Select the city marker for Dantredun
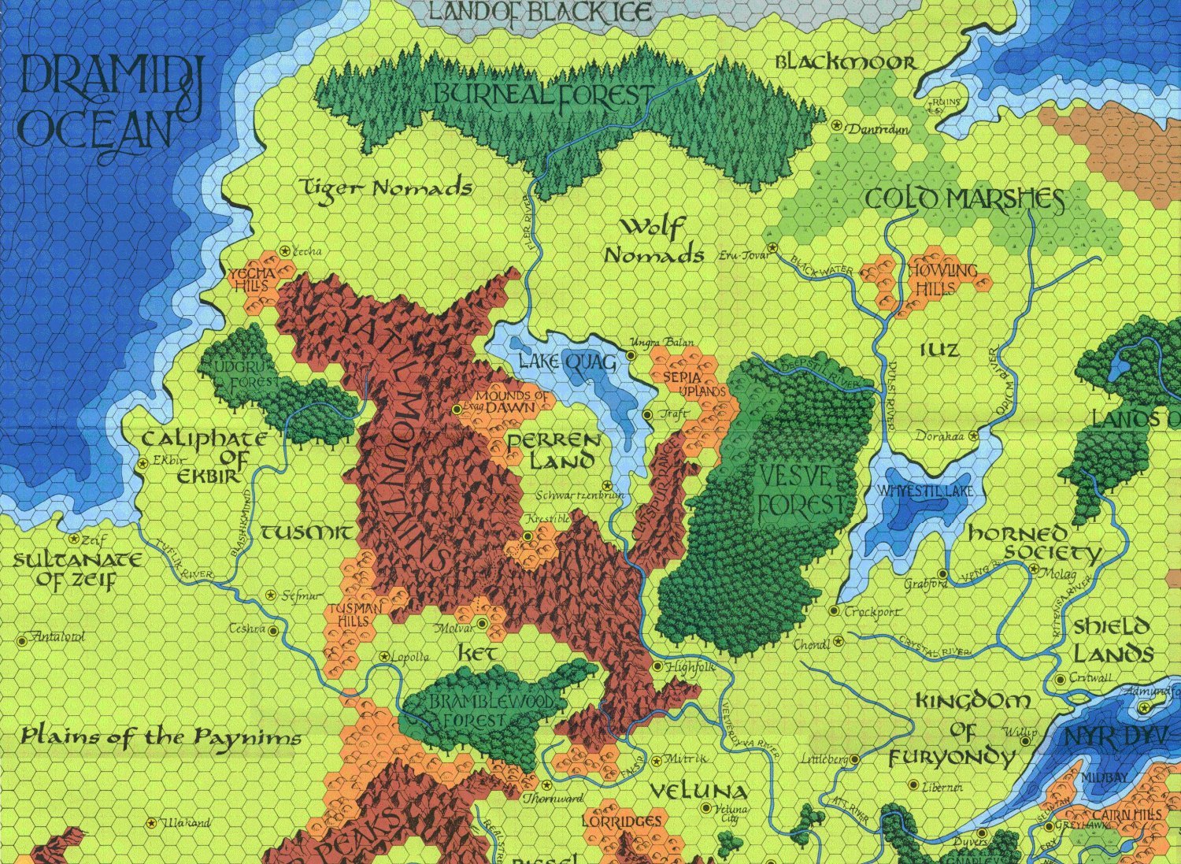point(837,125)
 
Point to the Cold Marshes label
point(964,199)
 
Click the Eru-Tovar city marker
point(772,249)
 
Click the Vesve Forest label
point(795,491)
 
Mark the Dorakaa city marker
point(974,436)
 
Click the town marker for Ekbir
point(143,463)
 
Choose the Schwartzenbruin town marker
point(605,485)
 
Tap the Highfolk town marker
point(658,667)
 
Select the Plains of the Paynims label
point(161,738)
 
